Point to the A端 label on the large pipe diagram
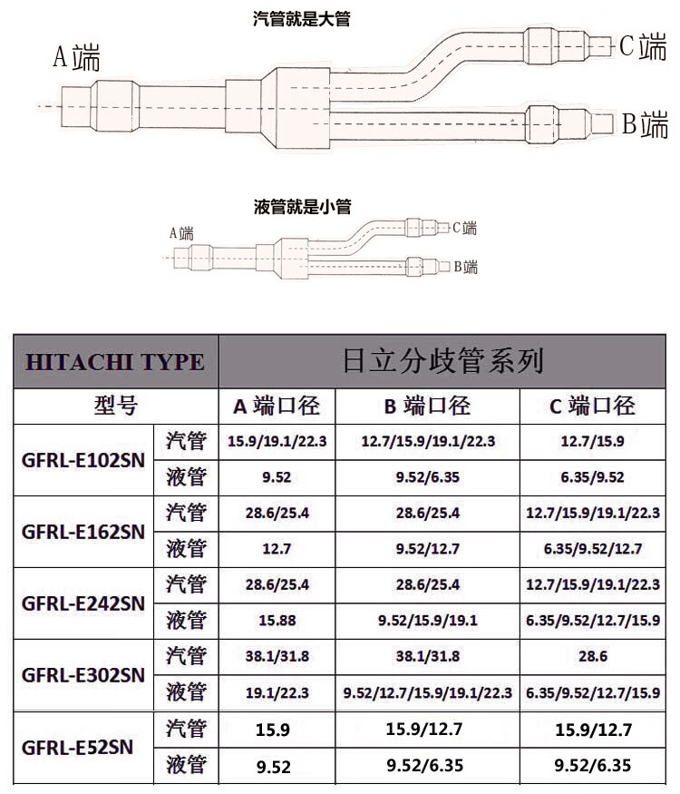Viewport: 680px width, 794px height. (76, 59)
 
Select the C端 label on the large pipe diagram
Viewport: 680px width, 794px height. (643, 46)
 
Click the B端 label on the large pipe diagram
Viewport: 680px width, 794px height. (645, 124)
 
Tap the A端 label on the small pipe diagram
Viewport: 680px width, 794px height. (181, 234)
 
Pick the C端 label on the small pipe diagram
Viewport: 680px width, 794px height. (464, 228)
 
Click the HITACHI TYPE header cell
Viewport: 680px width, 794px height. (115, 361)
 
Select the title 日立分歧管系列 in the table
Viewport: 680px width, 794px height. (443, 360)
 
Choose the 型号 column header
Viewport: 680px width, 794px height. (115, 406)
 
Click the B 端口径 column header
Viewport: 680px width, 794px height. (427, 406)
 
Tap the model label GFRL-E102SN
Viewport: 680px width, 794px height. (83, 459)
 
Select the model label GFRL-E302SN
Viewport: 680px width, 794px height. (83, 675)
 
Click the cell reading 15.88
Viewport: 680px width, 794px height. (277, 621)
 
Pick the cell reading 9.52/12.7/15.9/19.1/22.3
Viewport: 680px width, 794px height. (427, 693)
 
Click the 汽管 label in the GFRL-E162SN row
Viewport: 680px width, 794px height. (186, 513)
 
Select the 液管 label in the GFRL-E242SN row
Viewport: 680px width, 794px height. (186, 621)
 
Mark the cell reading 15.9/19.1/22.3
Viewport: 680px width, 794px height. (277, 441)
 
